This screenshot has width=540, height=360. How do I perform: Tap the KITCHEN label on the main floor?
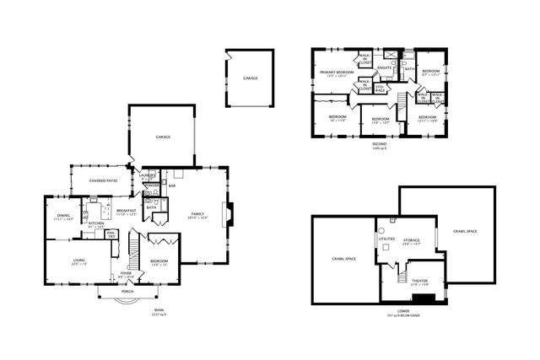[94, 223]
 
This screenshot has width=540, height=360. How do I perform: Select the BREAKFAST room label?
[127, 210]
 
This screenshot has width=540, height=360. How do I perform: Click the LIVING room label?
[79, 261]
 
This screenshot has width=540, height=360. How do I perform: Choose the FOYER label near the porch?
[125, 273]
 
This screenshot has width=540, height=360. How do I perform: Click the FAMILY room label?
[197, 214]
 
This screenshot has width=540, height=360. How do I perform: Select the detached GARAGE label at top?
[251, 78]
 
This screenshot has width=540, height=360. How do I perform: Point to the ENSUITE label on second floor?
[383, 67]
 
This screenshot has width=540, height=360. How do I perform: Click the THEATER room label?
[418, 281]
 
